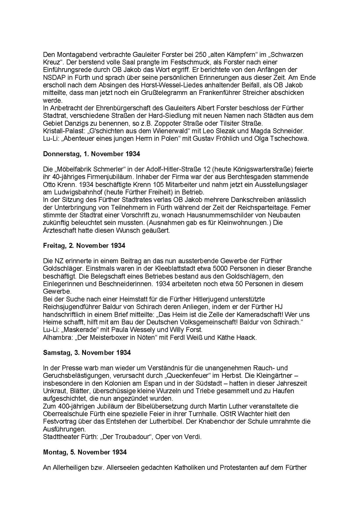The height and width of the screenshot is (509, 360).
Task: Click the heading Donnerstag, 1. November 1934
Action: (92, 154)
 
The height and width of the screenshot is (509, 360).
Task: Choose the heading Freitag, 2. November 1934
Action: (84, 246)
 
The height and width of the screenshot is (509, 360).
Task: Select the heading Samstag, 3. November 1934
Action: (87, 353)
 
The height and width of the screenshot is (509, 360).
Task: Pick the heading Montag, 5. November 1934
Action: (85, 452)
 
